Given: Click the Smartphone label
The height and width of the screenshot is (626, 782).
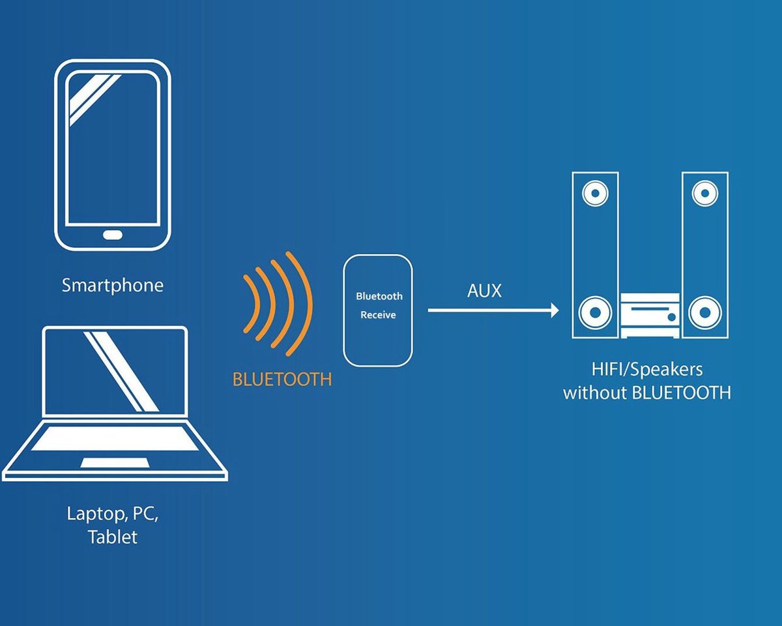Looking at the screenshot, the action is point(112,286).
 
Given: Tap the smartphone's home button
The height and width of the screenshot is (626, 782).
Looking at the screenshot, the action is point(113,235).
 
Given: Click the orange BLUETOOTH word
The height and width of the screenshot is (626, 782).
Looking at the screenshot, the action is point(282,380).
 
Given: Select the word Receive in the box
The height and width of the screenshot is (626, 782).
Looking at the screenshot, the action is point(378,315).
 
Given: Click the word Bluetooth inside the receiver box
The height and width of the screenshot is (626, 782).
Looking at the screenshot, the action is point(379,296).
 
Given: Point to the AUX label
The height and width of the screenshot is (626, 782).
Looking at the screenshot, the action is point(484,291).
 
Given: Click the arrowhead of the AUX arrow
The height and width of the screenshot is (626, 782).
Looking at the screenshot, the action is point(555,310).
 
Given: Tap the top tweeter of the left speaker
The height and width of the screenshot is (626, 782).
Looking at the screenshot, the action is point(595,193).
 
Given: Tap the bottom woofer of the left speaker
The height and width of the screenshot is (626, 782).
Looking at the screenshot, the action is point(595,312).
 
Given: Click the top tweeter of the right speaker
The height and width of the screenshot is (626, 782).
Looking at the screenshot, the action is point(704,193).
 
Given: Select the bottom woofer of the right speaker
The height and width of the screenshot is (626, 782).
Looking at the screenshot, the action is point(704,312).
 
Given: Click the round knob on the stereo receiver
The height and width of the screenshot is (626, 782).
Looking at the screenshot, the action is point(671,317).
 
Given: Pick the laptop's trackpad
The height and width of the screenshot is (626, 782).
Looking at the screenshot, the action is point(115,463).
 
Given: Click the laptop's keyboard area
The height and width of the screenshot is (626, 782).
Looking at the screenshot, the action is point(115,439).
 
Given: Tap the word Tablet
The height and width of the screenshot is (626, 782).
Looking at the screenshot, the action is point(113,537).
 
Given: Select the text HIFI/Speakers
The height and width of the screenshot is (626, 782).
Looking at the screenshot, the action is point(647,370).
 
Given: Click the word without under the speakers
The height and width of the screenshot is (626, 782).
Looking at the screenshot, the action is point(595,393).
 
